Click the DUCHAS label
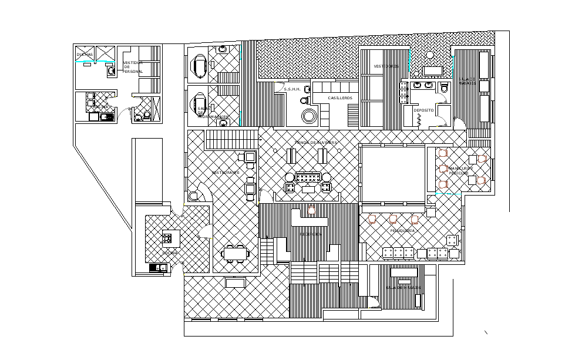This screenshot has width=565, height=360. pos(85,55)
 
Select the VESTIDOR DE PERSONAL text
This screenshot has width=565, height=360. pos(133,67)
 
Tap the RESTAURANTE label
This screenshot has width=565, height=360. pos(226,172)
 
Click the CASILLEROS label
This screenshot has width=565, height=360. pos(340,97)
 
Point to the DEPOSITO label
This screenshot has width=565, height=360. pos(423,110)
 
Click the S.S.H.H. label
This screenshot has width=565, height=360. pos(292,89)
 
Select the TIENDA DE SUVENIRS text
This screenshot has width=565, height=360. pos(315,143)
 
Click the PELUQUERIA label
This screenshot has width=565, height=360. pos(402,231)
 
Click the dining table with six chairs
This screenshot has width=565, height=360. pos(236,254)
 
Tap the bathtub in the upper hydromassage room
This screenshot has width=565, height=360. pos(200,67)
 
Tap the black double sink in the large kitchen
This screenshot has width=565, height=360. pos(158,268)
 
